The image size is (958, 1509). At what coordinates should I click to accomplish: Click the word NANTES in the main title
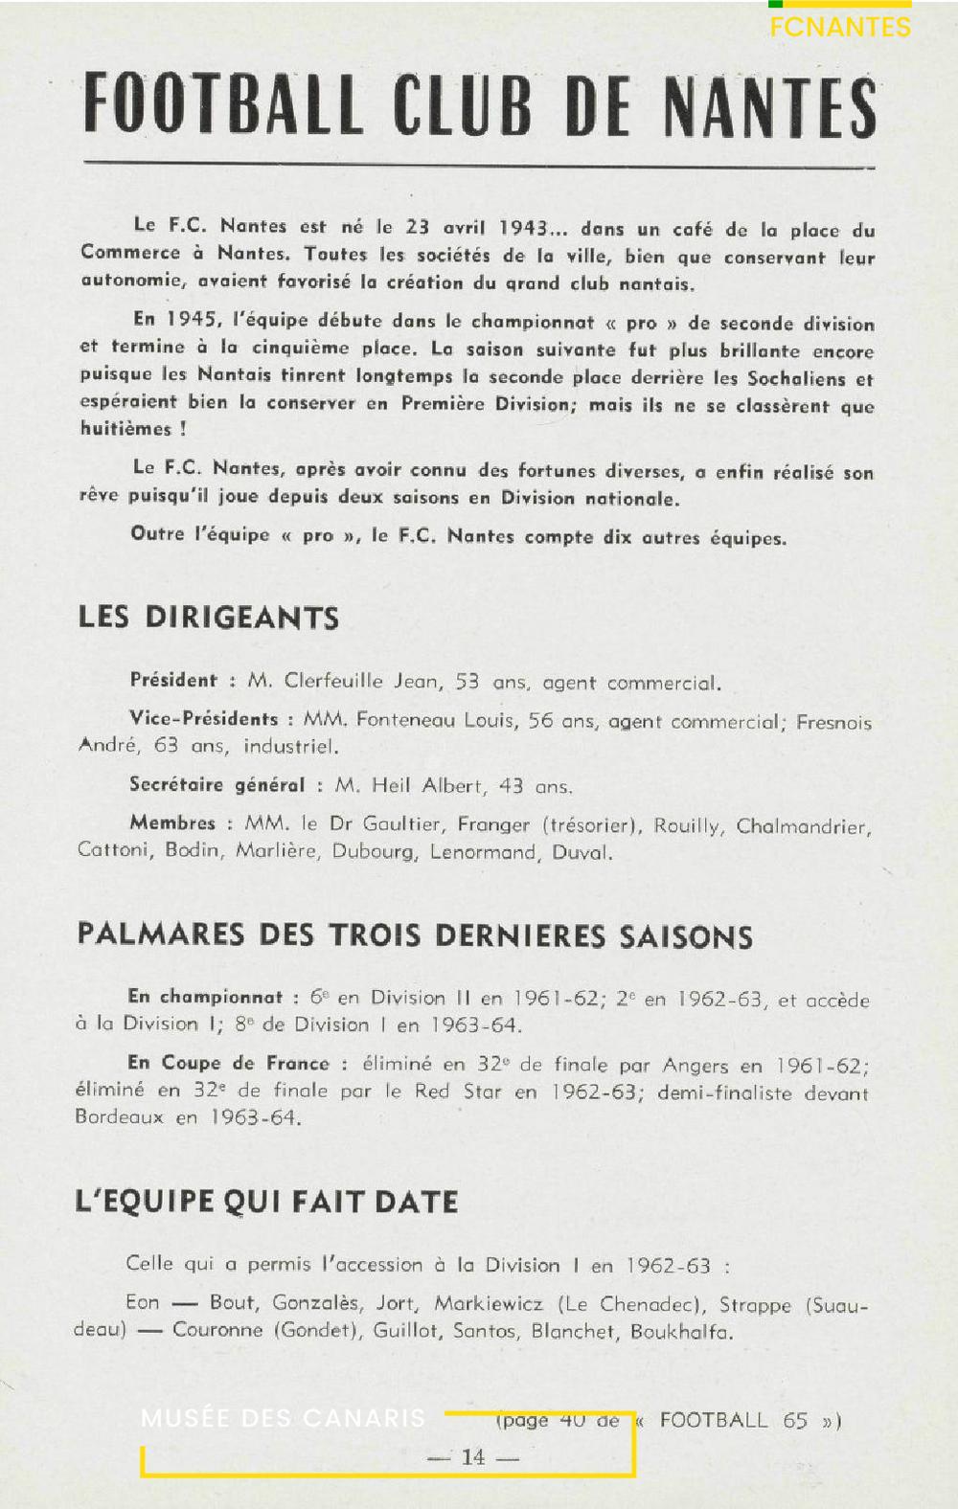click(769, 106)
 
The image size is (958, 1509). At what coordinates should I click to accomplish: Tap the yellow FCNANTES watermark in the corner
click(840, 26)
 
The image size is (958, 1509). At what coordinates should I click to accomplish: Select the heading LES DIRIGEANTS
click(209, 618)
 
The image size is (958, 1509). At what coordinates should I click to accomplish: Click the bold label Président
click(174, 680)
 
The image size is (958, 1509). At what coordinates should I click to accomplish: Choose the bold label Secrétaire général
click(217, 785)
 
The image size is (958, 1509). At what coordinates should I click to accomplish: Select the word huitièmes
click(125, 429)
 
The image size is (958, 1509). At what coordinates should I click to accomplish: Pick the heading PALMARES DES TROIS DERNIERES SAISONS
click(415, 935)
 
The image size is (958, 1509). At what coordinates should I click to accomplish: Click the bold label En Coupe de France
click(228, 1063)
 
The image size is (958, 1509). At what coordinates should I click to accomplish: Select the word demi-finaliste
click(724, 1092)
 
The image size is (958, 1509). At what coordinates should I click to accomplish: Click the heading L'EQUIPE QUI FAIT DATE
click(266, 1202)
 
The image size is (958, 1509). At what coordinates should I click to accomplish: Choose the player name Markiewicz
click(489, 1303)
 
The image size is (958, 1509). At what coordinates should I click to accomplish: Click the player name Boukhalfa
click(681, 1332)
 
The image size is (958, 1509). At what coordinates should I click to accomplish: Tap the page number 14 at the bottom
click(473, 1456)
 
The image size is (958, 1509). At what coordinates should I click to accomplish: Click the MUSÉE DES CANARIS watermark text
click(283, 1418)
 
